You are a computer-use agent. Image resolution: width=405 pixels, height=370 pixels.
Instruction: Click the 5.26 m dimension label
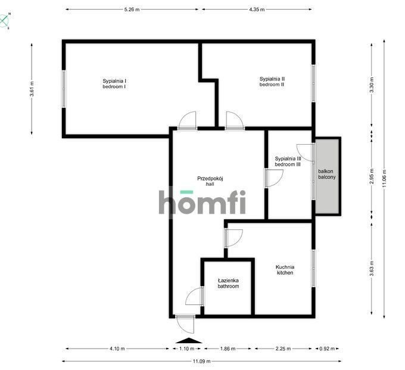click(x=132, y=10)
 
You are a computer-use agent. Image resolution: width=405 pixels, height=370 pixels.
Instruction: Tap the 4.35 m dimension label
click(x=257, y=10)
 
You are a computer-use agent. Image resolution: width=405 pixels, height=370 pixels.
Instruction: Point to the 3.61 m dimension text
click(x=32, y=89)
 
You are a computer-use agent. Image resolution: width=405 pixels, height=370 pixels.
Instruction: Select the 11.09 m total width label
click(x=201, y=361)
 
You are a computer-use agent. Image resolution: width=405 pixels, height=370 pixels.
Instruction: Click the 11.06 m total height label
click(x=384, y=179)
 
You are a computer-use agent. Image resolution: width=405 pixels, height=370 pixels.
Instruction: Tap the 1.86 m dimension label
click(x=228, y=349)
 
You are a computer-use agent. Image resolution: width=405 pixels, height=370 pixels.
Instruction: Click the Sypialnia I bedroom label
click(x=114, y=84)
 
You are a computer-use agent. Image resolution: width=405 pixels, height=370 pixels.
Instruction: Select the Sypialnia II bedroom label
click(x=272, y=82)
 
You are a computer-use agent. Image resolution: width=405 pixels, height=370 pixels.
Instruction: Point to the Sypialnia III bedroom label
click(x=288, y=161)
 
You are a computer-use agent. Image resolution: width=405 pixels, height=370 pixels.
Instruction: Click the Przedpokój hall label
click(x=210, y=181)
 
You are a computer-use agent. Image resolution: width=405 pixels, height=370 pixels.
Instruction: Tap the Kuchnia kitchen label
click(x=285, y=270)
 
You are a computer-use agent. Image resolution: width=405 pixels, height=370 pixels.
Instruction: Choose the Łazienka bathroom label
click(x=228, y=283)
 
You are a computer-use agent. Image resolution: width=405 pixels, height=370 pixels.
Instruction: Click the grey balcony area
click(x=327, y=176)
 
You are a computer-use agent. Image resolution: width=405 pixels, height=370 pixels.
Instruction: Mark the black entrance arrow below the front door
click(x=189, y=340)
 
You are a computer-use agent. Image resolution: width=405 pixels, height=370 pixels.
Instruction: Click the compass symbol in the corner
click(x=4, y=21)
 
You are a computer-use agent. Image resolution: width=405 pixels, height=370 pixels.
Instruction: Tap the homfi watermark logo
click(x=202, y=202)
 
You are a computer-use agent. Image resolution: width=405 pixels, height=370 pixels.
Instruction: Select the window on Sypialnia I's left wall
click(x=64, y=89)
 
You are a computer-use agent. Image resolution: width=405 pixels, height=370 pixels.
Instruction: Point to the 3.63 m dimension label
click(x=372, y=269)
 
